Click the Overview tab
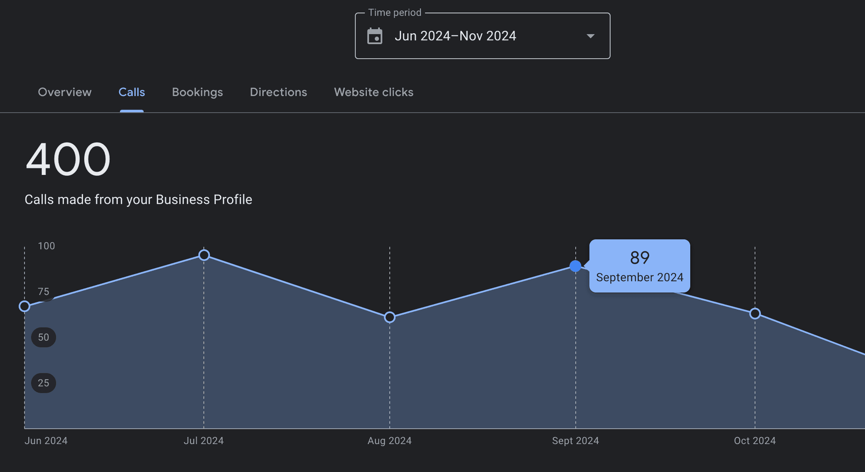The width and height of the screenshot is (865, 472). point(64,92)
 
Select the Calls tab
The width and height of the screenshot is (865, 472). point(132,92)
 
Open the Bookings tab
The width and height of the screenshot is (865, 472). point(197,92)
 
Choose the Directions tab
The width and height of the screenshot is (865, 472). point(278,92)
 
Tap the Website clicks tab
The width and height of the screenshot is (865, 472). point(373,92)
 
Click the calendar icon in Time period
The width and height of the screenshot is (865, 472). point(375,36)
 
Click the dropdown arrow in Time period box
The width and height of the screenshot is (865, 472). point(590,36)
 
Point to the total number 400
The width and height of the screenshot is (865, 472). point(68,159)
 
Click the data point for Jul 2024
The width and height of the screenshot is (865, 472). point(204,255)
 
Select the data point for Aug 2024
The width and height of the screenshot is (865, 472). point(390,317)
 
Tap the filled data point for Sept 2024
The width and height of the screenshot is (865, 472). point(575,266)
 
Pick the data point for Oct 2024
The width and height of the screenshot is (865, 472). point(755,314)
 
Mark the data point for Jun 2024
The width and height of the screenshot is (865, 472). point(25,307)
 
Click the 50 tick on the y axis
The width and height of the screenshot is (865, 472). point(43,337)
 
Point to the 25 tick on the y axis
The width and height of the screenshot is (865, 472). point(43,383)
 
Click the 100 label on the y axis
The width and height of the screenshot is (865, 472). point(46,246)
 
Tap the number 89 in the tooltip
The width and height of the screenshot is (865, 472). point(639,258)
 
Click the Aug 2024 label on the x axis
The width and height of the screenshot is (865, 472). point(389,440)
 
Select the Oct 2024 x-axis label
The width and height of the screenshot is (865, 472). point(755,440)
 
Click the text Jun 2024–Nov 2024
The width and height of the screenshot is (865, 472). point(455,36)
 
